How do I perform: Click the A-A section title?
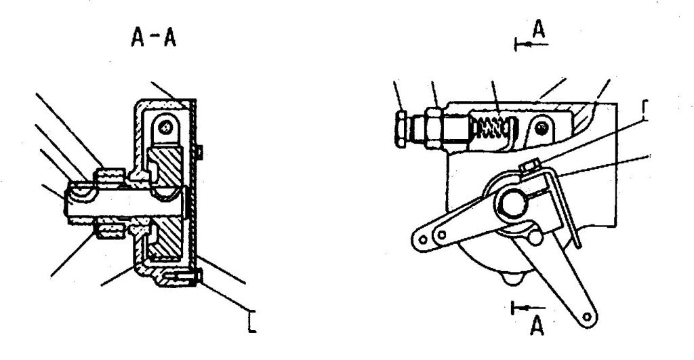pos(154,37)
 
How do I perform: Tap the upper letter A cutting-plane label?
pos(539,29)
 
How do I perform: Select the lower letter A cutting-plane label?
pos(537,326)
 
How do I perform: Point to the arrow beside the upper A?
pos(531,44)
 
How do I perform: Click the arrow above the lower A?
pos(528,308)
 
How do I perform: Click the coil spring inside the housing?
pos(491,127)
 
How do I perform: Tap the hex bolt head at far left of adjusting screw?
pos(401,129)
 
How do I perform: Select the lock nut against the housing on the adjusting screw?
pos(433,128)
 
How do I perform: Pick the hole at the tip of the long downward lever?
pos(587,317)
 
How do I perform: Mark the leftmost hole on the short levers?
pos(423,239)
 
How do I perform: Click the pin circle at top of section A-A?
pos(165,128)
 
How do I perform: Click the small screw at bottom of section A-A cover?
pos(183,277)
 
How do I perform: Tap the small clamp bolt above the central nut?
pos(528,167)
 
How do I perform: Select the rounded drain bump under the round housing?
pos(512,279)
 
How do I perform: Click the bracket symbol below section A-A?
pos(251,321)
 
